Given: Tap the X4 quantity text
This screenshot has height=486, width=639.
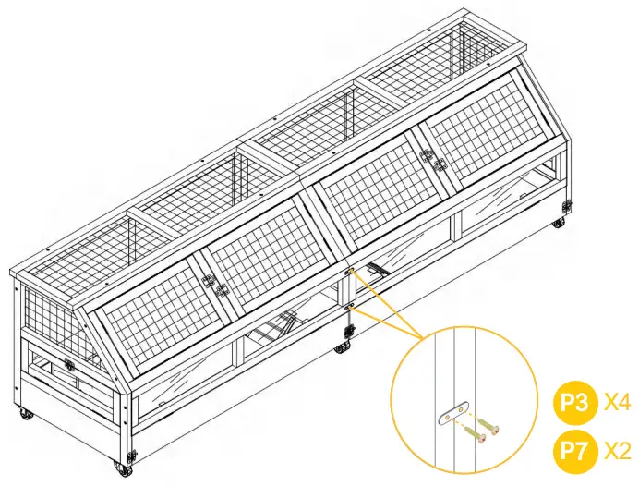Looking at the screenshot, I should (616, 403).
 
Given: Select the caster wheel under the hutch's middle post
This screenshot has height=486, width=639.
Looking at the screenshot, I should (343, 347).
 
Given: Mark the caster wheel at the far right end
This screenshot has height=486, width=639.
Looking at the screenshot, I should (560, 222).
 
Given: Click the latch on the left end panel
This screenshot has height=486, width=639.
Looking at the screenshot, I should (70, 366).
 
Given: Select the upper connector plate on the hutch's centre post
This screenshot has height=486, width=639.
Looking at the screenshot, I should (351, 273).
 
